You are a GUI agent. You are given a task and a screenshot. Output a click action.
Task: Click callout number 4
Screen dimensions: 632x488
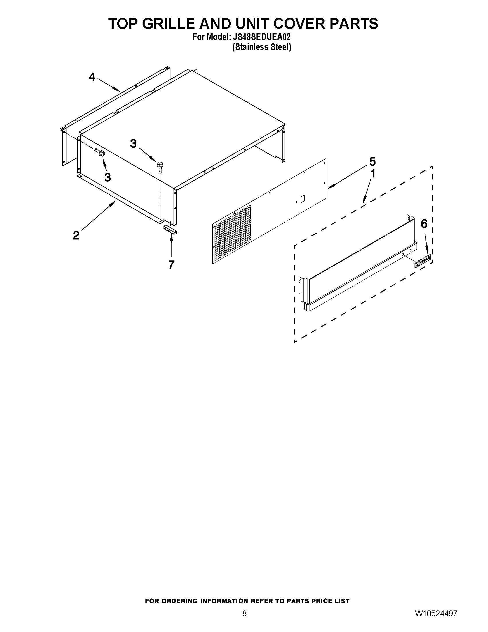click(92, 77)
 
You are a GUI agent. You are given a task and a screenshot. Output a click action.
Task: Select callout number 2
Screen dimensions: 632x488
click(76, 235)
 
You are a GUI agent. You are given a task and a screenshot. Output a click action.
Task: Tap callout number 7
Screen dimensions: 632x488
click(172, 264)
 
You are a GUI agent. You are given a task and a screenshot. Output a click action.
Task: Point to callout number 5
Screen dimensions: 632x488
click(372, 161)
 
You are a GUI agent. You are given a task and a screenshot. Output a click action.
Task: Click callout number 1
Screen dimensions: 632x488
click(373, 174)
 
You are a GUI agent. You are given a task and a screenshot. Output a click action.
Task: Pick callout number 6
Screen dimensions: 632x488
click(424, 223)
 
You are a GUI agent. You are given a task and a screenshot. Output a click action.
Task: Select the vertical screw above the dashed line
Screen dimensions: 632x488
click(159, 166)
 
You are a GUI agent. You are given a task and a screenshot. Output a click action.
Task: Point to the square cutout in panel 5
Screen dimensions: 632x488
click(302, 198)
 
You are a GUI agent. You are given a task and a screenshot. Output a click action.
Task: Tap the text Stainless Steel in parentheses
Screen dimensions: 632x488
click(262, 47)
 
